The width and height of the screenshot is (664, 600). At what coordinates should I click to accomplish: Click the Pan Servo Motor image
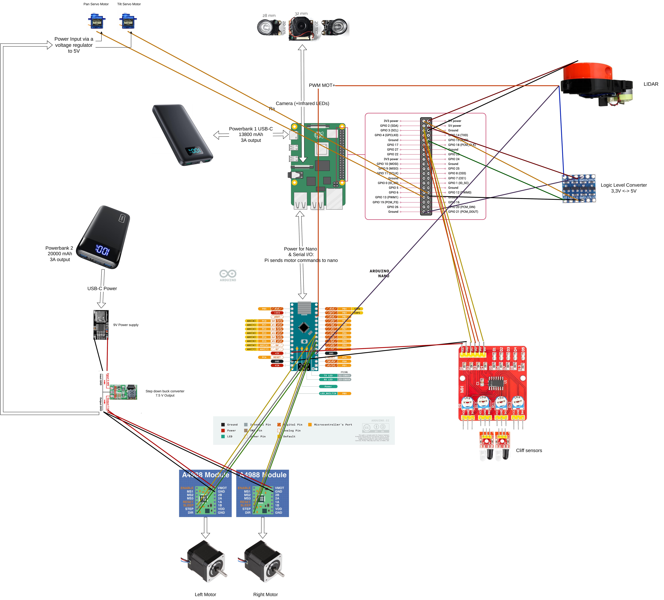tap(96, 21)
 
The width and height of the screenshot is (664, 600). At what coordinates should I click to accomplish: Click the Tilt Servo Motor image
tap(128, 21)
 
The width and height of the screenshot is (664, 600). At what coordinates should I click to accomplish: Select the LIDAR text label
tap(650, 84)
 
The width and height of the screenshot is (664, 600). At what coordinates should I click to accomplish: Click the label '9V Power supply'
tap(126, 325)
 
